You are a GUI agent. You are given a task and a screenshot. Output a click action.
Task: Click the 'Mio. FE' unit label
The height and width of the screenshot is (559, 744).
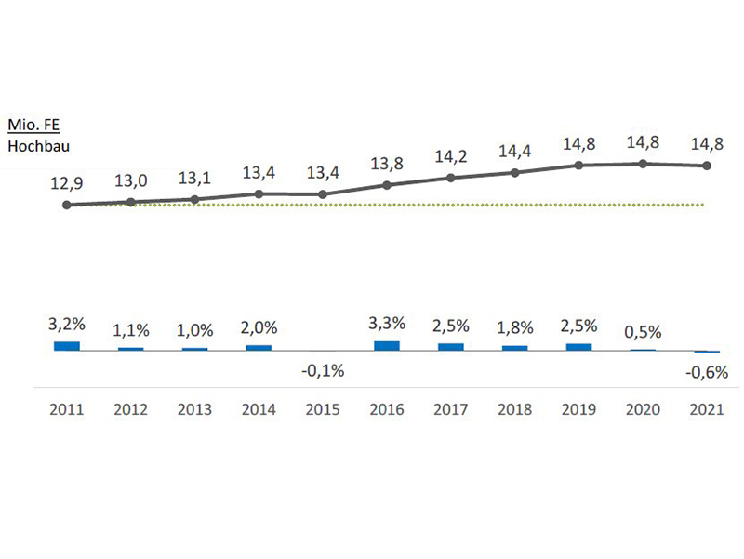pos(33,125)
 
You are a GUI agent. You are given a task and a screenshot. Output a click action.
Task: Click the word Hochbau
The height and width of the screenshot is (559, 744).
pos(39,144)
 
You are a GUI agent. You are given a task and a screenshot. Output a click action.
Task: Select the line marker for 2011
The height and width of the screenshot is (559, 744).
pos(67,205)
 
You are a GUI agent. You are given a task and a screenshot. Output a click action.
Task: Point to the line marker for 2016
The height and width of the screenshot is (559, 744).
pos(387,185)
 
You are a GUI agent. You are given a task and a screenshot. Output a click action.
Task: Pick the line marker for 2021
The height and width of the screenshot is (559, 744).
pos(707,166)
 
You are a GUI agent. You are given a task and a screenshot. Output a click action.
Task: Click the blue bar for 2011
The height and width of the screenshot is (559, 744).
pos(67,345)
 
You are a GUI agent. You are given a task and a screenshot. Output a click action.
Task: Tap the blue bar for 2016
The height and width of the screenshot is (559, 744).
pos(387,345)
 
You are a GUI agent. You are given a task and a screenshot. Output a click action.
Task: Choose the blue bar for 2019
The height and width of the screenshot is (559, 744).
pos(578,346)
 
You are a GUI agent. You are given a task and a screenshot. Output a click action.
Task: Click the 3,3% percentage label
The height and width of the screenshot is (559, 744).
pos(387,324)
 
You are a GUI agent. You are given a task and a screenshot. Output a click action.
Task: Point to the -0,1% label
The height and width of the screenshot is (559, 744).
pos(323,370)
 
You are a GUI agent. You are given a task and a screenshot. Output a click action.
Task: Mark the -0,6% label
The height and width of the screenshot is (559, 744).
pos(707,373)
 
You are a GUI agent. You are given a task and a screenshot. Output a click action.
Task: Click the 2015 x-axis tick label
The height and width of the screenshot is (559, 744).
pos(323,408)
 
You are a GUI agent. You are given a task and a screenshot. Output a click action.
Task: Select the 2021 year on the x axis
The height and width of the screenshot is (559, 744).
pos(707,408)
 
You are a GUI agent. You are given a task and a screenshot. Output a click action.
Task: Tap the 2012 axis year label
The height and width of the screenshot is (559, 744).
pos(131,408)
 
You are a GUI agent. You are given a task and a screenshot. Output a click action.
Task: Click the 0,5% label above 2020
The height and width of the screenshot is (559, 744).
pos(643,332)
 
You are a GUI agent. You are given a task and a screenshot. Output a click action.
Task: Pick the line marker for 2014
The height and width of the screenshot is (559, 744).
pos(259,193)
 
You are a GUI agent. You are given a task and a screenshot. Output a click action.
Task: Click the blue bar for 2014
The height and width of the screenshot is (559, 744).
pos(259,347)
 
